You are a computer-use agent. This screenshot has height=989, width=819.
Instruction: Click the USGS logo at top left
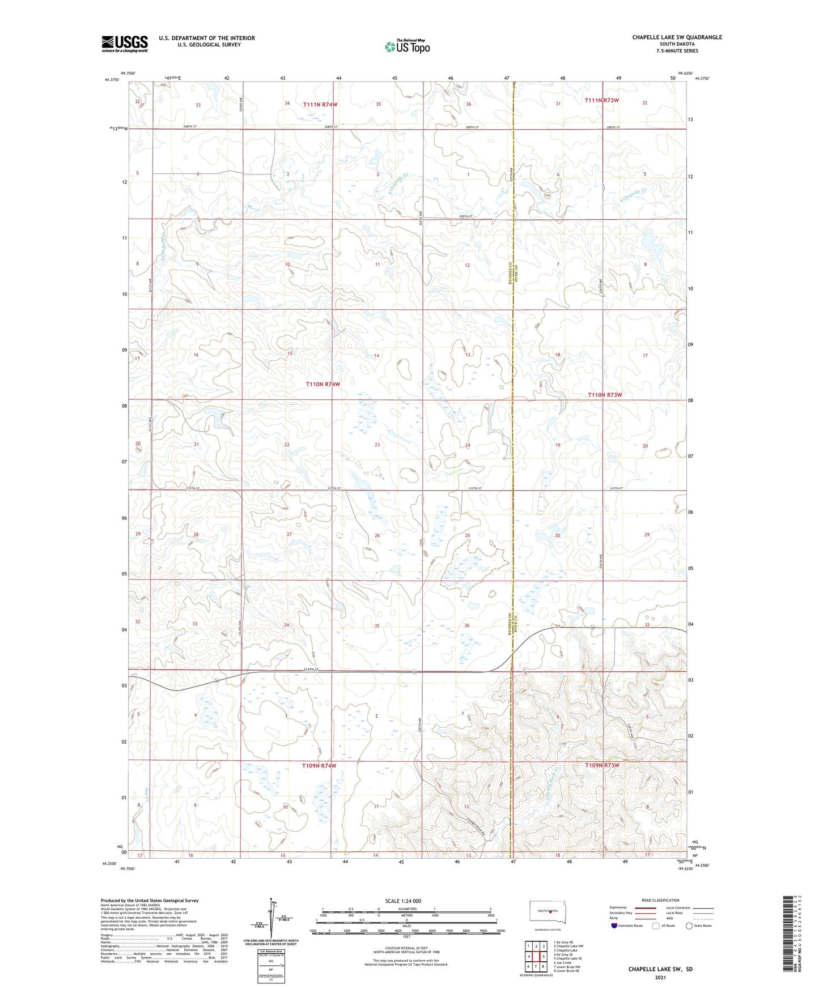(x=125, y=44)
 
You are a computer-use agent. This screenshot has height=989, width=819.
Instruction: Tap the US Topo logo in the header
(x=406, y=46)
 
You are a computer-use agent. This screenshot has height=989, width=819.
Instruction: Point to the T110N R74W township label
(x=323, y=384)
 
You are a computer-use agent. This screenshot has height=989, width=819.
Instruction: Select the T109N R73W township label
(x=602, y=765)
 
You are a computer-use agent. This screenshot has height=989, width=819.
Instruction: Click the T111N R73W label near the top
(x=601, y=100)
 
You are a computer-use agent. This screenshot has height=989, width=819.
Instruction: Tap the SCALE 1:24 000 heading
(x=402, y=901)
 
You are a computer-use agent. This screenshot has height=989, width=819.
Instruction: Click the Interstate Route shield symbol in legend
(x=614, y=926)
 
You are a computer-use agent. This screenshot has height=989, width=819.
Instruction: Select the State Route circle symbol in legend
(x=689, y=926)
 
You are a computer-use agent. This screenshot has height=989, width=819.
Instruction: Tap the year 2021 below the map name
(x=660, y=978)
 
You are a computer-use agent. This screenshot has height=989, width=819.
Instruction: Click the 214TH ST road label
(x=311, y=670)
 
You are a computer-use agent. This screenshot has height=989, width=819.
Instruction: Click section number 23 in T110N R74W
(x=377, y=445)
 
